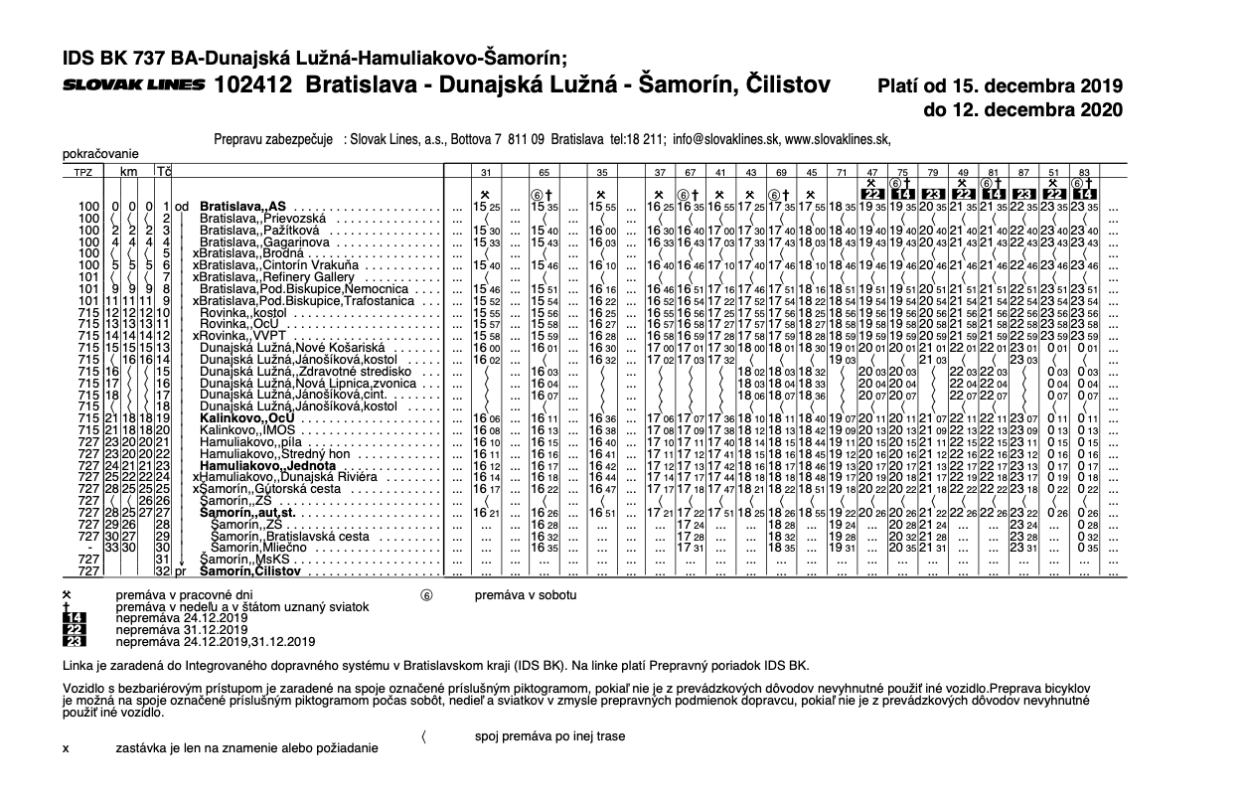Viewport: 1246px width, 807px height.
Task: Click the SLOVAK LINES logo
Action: coord(133,86)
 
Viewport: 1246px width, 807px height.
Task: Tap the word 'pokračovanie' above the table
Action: coord(100,154)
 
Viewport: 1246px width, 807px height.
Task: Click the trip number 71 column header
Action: coord(843,171)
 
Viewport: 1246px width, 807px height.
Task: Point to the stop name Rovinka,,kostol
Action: coord(243,312)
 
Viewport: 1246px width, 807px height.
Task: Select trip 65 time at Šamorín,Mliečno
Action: coord(545,548)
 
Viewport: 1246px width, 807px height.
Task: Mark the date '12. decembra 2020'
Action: coord(1024,110)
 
